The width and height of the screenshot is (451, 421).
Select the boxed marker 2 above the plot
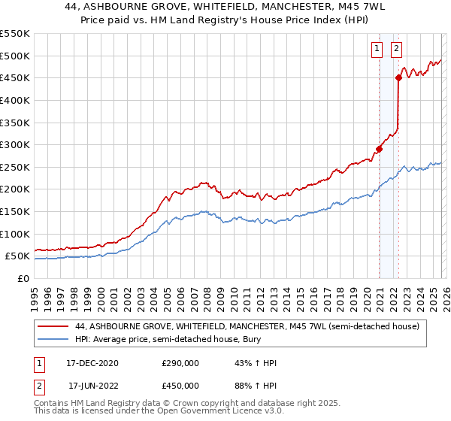coord(396,49)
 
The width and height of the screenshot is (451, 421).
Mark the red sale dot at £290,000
coord(379,149)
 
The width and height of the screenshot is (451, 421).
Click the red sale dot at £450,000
coord(398,77)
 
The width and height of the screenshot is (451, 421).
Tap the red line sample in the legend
coord(53,326)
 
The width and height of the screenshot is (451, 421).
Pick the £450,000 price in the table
coord(180,386)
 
